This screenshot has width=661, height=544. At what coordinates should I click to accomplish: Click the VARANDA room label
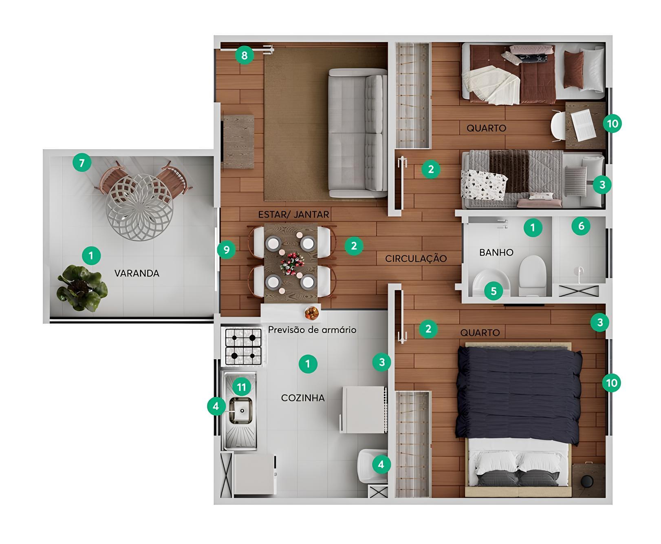pos(137,273)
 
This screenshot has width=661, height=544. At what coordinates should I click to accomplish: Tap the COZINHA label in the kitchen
pos(303,398)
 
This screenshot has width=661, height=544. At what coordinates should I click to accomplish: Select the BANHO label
pos(496,252)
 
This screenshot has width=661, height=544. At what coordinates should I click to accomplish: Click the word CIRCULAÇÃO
pos(416,258)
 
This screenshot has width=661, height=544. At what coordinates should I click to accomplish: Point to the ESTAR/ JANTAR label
pos(293,214)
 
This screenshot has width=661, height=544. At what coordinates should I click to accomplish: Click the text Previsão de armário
pos(312,329)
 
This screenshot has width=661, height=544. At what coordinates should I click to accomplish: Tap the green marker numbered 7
pos(82,163)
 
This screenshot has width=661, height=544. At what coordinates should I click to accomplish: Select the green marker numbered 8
pos(244,55)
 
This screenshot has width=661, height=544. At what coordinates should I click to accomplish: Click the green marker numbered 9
pos(227,249)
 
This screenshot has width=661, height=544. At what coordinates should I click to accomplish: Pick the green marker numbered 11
pos(242,387)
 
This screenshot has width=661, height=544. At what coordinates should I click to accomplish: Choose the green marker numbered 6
pos(581,226)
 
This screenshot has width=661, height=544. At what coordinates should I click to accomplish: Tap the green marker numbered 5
pos(494,291)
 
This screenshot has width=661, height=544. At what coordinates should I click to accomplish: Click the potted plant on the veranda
pos(82,288)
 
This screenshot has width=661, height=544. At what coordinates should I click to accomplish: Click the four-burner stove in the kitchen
pos(243,347)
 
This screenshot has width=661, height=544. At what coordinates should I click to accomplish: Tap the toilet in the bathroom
pos(532,275)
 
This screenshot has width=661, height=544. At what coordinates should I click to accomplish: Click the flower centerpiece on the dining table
pos(292,262)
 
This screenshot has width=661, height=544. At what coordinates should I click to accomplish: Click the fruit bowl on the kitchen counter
pos(312,313)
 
